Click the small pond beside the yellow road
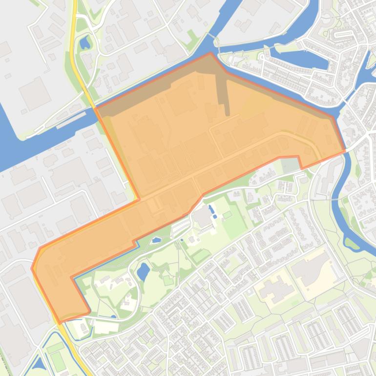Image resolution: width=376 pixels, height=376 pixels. pos(85,43)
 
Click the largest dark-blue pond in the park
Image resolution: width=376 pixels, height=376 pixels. pos(143,272)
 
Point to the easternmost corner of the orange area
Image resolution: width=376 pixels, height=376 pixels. pos(345,151)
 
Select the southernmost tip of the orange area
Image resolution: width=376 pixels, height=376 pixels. pos(60,323)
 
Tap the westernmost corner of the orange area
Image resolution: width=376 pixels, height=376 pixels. pos(32,268)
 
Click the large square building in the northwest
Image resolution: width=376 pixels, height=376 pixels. pos(34,93)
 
